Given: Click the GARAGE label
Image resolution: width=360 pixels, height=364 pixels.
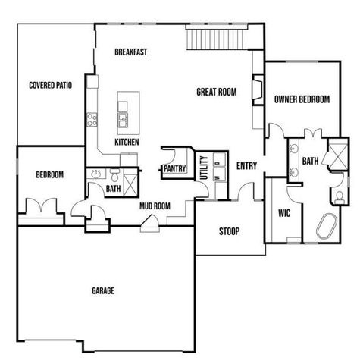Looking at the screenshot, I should (x=103, y=290).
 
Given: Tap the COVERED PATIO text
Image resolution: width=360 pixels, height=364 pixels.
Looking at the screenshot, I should (x=50, y=86).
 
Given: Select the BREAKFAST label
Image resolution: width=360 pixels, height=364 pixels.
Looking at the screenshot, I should (x=130, y=52).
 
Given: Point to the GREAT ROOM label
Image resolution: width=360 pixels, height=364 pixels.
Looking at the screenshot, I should (x=217, y=92).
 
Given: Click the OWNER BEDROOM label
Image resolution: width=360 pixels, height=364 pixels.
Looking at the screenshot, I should (x=302, y=99).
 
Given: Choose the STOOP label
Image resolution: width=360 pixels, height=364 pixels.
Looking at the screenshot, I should (x=230, y=231).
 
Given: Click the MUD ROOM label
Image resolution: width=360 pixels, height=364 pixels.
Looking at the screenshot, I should (x=155, y=206).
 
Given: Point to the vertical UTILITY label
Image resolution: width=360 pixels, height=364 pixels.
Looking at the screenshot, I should (x=203, y=168).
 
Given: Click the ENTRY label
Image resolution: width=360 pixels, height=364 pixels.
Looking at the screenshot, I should (x=246, y=166).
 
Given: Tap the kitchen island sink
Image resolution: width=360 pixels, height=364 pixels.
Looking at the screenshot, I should (x=123, y=118).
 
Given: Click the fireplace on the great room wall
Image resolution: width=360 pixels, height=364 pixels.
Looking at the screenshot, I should (x=258, y=89).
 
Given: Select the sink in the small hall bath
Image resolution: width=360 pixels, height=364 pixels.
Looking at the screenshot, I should (x=96, y=174).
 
